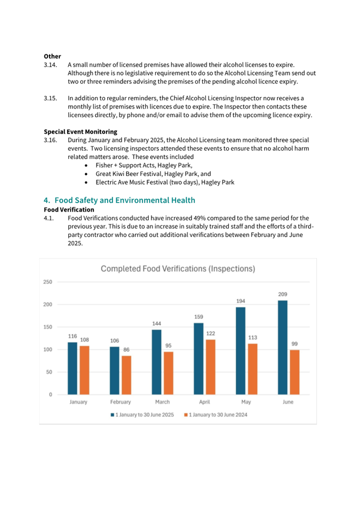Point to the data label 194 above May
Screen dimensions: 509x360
241,302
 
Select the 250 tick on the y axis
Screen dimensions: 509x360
48,282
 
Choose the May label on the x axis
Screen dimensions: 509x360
245,402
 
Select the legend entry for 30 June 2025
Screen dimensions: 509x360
144,415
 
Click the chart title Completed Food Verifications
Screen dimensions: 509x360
178,269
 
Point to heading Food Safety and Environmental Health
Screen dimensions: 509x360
119,200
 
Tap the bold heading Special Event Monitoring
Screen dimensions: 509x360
80,132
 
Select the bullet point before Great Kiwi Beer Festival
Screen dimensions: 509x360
86,174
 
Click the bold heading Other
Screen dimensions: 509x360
52,56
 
